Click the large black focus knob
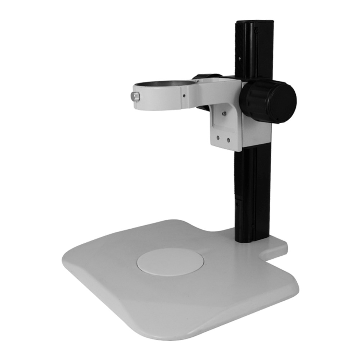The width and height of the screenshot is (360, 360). click(268, 102)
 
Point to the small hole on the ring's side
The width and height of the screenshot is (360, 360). click(184, 96)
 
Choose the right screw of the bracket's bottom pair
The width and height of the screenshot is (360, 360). click(228, 139)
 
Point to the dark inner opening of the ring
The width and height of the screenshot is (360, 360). click(162, 84)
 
